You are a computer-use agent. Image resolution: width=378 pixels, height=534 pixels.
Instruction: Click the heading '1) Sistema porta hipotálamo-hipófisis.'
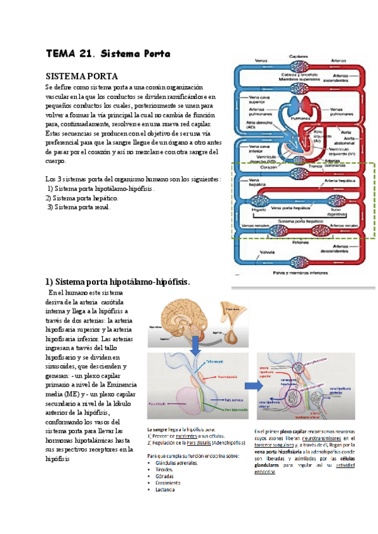(x=117, y=281)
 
